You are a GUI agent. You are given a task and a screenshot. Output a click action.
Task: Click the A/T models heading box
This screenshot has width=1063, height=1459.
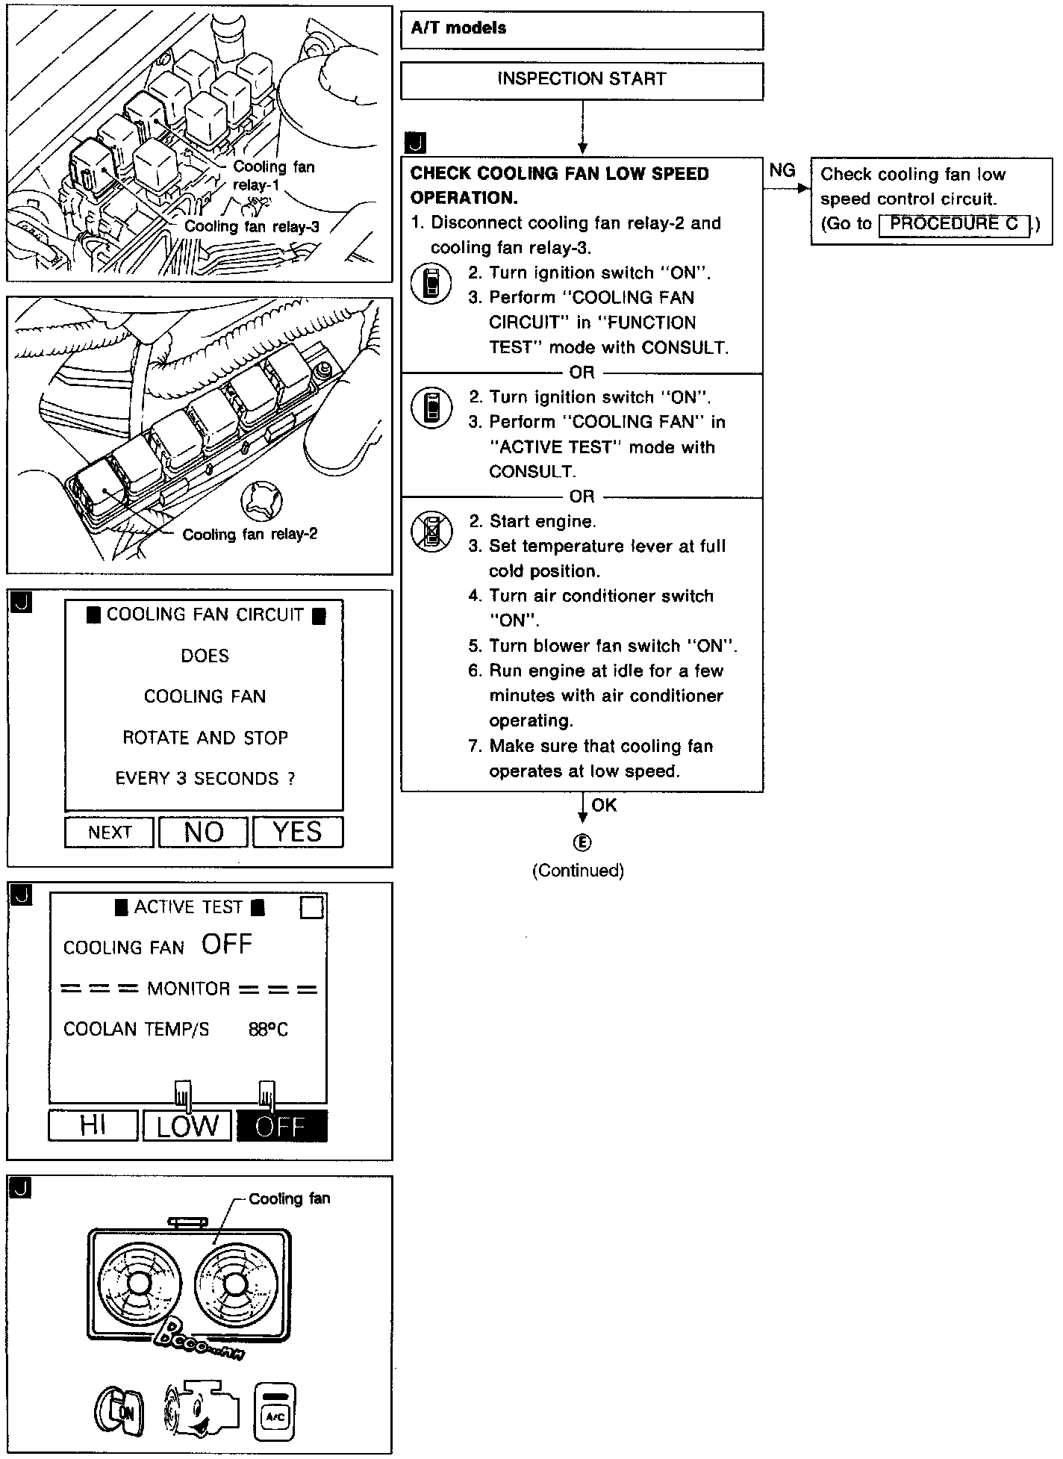click(x=582, y=30)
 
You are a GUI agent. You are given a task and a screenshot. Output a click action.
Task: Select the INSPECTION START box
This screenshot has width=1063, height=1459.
click(x=582, y=80)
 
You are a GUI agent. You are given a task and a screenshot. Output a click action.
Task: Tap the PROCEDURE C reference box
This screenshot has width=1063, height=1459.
click(x=954, y=224)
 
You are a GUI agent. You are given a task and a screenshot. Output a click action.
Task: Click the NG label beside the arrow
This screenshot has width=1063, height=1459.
click(x=782, y=171)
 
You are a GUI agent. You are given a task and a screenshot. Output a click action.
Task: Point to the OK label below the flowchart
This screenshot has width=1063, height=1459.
click(x=604, y=805)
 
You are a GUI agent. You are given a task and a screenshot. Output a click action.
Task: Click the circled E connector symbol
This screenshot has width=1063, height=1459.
click(x=582, y=842)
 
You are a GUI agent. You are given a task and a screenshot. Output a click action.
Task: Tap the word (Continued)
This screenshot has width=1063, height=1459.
click(x=578, y=871)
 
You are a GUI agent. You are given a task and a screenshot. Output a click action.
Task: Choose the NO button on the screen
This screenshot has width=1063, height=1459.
click(x=204, y=832)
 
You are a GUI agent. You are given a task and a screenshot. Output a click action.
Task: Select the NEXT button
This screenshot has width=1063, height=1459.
click(x=110, y=832)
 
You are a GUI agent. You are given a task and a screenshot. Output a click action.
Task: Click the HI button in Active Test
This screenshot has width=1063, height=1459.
click(x=93, y=1125)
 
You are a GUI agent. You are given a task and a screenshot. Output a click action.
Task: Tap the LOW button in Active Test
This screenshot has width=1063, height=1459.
click(x=187, y=1125)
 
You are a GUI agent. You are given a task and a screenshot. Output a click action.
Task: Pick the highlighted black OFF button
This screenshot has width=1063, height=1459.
click(x=281, y=1125)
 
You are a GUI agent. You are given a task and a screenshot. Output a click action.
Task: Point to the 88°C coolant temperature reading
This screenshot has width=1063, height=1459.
click(x=268, y=1030)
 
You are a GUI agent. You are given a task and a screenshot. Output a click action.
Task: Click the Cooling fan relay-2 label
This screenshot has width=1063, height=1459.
click(x=250, y=535)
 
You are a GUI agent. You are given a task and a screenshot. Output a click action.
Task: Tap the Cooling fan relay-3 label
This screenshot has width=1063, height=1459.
click(x=252, y=227)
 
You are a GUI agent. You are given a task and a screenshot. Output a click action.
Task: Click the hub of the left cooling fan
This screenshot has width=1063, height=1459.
click(x=138, y=1284)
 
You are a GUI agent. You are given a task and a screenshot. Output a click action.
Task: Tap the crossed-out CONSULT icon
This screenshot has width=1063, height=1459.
click(x=431, y=532)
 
